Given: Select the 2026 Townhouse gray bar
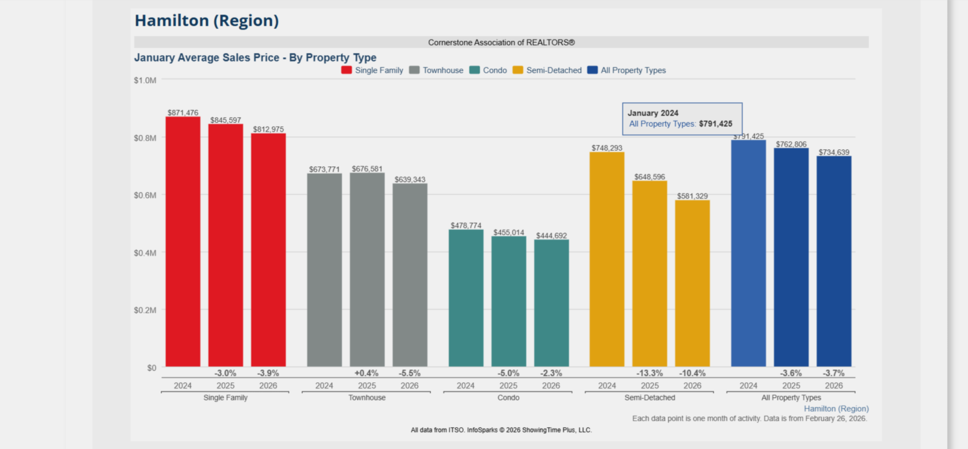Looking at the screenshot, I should point(410,275).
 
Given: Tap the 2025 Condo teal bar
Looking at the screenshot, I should point(509,301).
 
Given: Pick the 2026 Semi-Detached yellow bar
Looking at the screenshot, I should point(692,283).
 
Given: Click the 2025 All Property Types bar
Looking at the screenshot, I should point(791,257).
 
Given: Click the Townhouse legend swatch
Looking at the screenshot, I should point(415,70).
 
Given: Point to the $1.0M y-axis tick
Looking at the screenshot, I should point(145,80).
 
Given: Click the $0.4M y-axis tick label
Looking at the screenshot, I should point(145,253).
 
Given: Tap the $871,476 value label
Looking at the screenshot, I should point(183,113).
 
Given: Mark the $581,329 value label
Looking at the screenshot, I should point(692,196).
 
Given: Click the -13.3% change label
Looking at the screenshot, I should point(650,373).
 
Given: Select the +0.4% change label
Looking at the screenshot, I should point(366,373).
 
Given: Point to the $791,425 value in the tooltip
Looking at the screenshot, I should point(715,124).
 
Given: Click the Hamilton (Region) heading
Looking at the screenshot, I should point(207,20).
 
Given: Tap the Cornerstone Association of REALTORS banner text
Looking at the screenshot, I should point(501,42).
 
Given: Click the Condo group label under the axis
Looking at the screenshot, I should point(508,398).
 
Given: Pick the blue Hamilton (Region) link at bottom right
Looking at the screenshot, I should point(836,409).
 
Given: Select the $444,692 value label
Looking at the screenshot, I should point(551,236).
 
